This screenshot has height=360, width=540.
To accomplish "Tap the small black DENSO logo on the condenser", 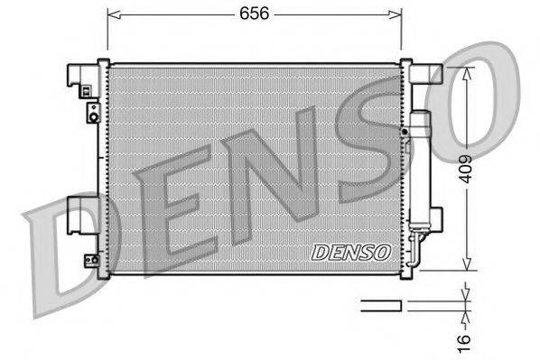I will coord(350,252).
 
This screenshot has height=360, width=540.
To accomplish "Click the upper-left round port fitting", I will coord(93,112).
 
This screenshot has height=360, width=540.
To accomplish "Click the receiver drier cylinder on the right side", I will coord(422,171).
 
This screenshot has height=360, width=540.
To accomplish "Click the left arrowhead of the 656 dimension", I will coord(111,13).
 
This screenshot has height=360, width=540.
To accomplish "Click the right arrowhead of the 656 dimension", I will coord(397,13).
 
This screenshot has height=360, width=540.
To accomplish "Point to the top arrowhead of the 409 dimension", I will coord(466,72).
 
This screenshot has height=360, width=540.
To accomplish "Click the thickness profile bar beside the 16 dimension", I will coord(380,305).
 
